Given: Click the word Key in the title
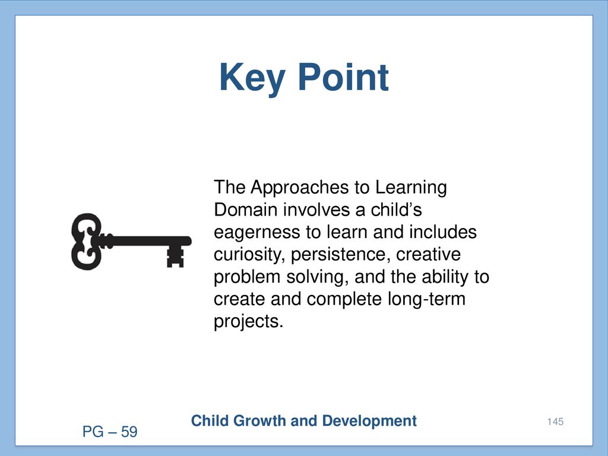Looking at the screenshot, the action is pos(252,78).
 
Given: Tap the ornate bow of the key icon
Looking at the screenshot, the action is pos(87,241).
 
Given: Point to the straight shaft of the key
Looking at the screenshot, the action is pos(147,241).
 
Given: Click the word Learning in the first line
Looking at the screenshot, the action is pos(411,188).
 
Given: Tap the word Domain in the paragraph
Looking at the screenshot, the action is pos(245,210).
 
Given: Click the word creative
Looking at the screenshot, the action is pos(428,255).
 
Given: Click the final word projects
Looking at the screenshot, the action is pos(249,322).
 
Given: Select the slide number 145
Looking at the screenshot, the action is pos(555,422).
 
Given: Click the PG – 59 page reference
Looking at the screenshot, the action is pos(110,432).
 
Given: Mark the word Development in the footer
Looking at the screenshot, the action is pos(369,421).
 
